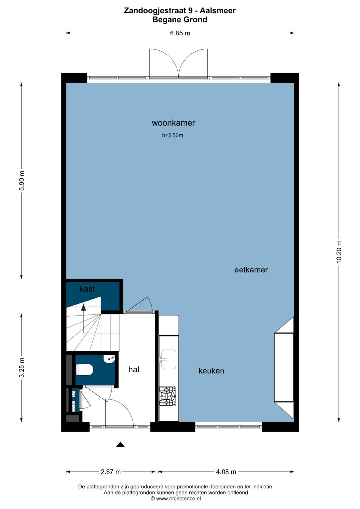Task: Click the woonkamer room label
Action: click(173, 123)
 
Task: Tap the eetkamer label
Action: click(251, 270)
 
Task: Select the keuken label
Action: click(211, 371)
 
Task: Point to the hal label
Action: click(134, 369)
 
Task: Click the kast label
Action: click(87, 289)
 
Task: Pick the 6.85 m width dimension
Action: click(180, 33)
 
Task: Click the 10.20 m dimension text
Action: click(339, 252)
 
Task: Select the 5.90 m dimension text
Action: click(22, 181)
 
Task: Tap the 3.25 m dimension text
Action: click(22, 367)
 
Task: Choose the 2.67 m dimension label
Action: click(111, 472)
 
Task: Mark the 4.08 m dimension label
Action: click(226, 472)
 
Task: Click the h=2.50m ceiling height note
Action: click(172, 135)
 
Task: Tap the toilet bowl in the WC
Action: click(84, 370)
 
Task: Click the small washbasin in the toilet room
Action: click(109, 359)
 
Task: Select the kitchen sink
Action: click(168, 359)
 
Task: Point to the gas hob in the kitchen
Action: click(167, 397)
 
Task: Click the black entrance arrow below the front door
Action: click(120, 444)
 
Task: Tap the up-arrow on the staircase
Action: click(84, 307)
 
